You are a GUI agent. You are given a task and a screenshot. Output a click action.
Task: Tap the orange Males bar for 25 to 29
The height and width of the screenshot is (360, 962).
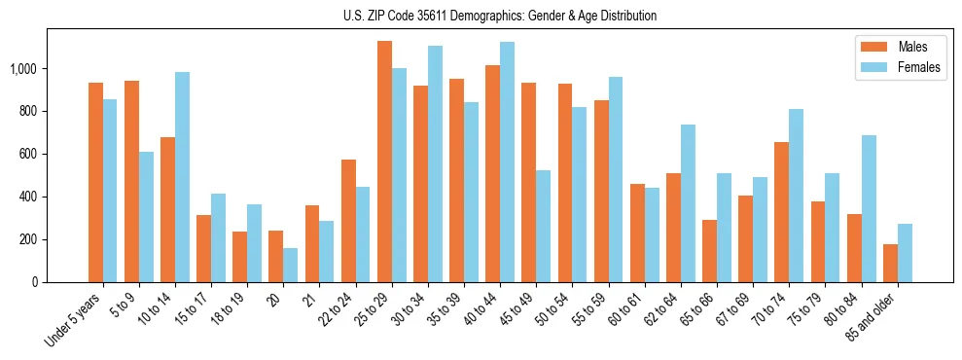(384, 162)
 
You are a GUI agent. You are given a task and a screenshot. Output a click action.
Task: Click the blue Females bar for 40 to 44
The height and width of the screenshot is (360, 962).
(507, 162)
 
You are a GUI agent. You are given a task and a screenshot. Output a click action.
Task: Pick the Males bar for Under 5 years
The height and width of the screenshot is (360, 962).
(95, 182)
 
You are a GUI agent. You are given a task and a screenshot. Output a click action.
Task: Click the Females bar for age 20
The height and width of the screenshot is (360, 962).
(291, 265)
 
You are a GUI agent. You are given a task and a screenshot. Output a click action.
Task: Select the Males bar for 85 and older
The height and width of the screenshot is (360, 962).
(890, 263)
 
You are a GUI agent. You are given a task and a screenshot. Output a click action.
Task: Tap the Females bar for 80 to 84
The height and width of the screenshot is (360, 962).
(869, 208)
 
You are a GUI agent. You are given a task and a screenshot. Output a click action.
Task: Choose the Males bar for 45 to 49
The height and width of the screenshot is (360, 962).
(528, 182)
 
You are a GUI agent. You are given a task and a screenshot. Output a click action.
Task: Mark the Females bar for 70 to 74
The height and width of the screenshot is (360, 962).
(797, 196)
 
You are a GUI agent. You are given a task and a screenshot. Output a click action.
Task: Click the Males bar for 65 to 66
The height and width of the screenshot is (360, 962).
(709, 251)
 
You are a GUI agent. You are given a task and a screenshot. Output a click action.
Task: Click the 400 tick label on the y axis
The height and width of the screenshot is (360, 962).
(27, 197)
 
